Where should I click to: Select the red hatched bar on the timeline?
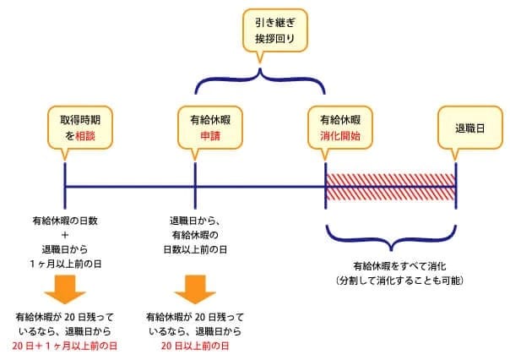[x=390, y=186]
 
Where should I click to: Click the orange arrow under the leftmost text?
[x=65, y=286]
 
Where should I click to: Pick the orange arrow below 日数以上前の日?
[x=194, y=286]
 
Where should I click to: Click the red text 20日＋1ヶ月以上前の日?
[x=65, y=346]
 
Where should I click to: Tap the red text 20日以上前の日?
[x=194, y=346]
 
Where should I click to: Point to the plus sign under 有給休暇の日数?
[x=65, y=235]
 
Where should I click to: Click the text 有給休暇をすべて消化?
[x=389, y=265]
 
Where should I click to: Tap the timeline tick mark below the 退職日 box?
[x=455, y=186]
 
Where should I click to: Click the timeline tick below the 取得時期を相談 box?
[x=65, y=186]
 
